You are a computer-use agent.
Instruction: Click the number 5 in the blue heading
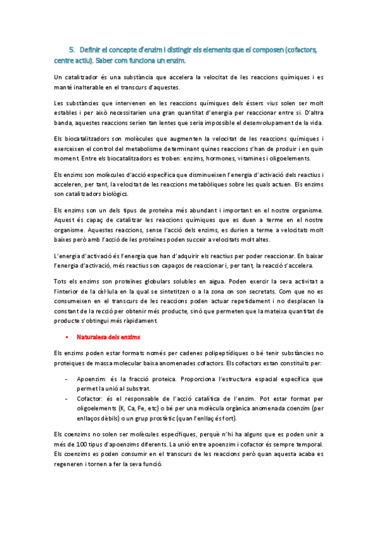pyautogui.click(x=71, y=49)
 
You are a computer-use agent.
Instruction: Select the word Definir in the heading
pyautogui.click(x=92, y=49)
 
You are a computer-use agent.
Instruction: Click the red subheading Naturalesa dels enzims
pyautogui.click(x=108, y=338)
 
